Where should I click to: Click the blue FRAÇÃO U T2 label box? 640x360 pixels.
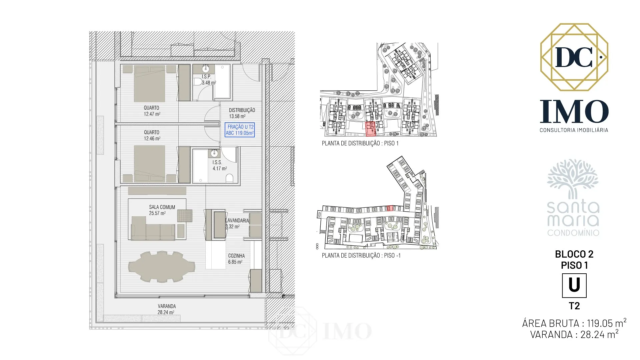click(x=240, y=130)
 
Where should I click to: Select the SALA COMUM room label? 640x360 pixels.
click(x=162, y=207)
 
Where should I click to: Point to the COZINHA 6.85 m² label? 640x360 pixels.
click(x=236, y=259)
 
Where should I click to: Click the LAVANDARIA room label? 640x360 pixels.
click(x=237, y=220)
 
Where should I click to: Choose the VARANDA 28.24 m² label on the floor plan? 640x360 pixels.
click(x=166, y=309)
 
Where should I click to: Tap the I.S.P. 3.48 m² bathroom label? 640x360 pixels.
click(x=208, y=80)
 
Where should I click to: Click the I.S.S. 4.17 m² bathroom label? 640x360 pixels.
click(x=220, y=165)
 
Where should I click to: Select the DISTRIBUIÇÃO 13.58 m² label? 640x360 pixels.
click(x=242, y=113)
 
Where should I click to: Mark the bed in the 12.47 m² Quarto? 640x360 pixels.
click(x=149, y=84)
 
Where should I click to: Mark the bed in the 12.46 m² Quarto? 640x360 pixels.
click(x=149, y=164)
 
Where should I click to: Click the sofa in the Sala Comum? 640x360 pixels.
click(x=153, y=228)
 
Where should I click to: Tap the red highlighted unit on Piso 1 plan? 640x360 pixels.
click(x=371, y=129)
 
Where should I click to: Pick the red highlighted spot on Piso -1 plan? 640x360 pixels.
click(x=390, y=208)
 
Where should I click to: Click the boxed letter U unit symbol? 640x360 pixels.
click(x=574, y=286)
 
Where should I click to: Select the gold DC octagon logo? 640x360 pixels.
click(x=574, y=57)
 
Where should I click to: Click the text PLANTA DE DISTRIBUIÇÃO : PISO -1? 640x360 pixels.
click(x=361, y=256)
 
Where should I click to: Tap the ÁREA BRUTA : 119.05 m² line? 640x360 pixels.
click(x=574, y=323)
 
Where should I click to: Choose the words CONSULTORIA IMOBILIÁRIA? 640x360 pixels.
click(x=574, y=130)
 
